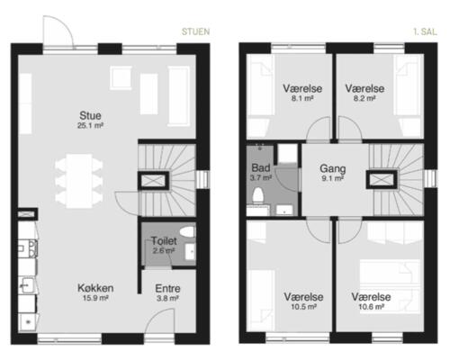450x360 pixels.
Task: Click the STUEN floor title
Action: (195, 31)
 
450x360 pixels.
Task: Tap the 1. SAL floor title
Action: (425, 31)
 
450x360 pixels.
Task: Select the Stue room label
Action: (90, 115)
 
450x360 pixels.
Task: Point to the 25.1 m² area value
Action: (90, 126)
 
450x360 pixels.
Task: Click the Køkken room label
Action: (95, 288)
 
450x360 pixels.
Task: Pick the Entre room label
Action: (167, 289)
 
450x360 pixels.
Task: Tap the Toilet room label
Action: (164, 241)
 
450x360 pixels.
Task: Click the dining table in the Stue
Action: (79, 181)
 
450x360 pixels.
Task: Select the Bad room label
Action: (261, 167)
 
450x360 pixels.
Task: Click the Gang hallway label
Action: (333, 168)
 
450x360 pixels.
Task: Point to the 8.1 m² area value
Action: (302, 98)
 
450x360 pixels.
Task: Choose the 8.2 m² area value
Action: (364, 98)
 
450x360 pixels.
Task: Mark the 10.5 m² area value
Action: (303, 307)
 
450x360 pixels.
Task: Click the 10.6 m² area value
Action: (372, 307)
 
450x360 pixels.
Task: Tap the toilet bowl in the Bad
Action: (258, 195)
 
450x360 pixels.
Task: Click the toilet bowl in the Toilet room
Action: (187, 231)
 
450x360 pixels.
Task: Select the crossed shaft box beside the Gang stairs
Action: (382, 180)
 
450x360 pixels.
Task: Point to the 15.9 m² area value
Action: (95, 298)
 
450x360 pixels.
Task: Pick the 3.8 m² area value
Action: (167, 299)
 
